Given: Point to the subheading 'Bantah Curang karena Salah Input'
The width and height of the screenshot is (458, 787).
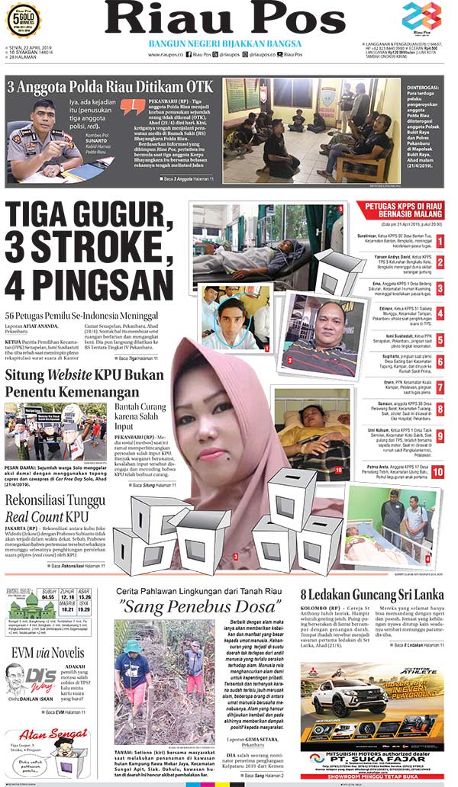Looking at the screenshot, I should click(x=148, y=418).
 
